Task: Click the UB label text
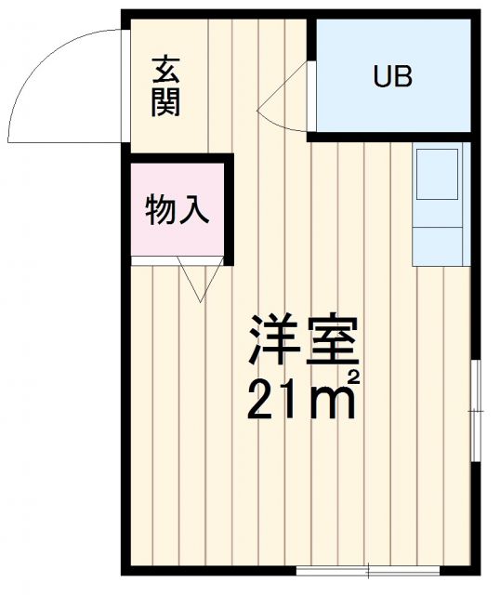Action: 392,77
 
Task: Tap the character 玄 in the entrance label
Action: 166,71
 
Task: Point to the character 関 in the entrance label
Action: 166,101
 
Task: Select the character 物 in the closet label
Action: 160,211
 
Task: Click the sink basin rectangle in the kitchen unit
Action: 437,174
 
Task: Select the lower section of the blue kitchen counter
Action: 438,245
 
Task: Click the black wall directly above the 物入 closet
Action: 177,158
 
